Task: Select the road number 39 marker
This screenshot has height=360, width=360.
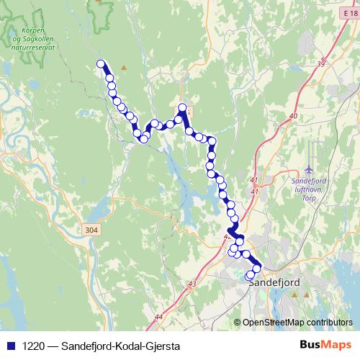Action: pos(320,64)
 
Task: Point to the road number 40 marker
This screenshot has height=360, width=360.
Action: pos(292,116)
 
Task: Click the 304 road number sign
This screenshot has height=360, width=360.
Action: pos(91,230)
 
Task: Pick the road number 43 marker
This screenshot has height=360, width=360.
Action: pos(191,284)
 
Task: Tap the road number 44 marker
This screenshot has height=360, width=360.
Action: pos(158,317)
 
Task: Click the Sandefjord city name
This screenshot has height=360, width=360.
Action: pos(274,283)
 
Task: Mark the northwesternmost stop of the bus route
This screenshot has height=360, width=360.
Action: pos(102,64)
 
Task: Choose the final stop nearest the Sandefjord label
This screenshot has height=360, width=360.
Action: pos(251,275)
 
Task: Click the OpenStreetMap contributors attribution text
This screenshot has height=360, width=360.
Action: pos(297,323)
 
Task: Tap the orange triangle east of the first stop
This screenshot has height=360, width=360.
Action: pos(124,68)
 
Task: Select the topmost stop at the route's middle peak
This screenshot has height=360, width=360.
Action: pos(183,109)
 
